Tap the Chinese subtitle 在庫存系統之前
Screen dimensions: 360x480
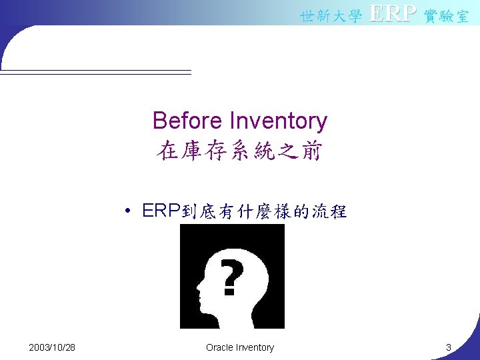[240, 151]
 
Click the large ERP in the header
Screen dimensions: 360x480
[393, 14]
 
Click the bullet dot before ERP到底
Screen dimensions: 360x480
[127, 213]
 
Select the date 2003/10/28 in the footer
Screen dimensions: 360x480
[52, 347]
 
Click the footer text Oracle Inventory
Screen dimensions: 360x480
[240, 347]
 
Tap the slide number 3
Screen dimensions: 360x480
[449, 347]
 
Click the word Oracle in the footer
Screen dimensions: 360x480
[221, 347]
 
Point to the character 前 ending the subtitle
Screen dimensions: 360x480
[310, 151]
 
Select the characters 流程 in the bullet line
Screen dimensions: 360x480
[330, 212]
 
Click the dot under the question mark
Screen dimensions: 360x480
[229, 291]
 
